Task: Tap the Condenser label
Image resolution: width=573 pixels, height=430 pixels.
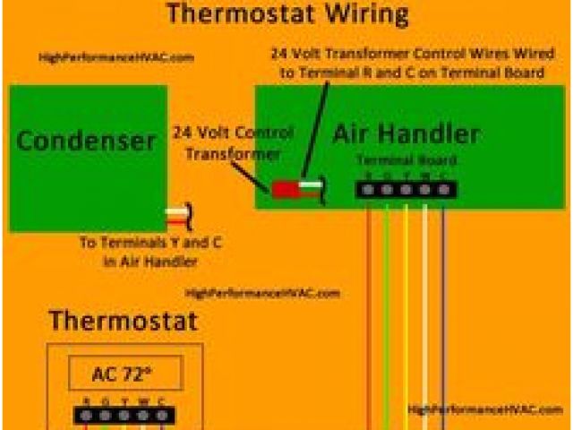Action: coord(87,141)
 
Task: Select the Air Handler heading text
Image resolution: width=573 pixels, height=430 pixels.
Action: coord(406,134)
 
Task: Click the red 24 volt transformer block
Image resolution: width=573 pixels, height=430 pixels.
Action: coord(286,189)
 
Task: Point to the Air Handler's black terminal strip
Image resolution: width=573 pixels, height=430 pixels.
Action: coord(406,189)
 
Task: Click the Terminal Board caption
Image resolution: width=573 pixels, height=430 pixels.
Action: coord(407,160)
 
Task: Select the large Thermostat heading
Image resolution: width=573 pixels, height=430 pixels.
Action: coord(123,321)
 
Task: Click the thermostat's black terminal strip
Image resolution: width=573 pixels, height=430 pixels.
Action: coord(124,415)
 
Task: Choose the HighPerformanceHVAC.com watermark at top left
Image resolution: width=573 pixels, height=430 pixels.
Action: coord(116,57)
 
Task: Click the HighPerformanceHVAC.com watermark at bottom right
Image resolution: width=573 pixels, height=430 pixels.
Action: coord(483,409)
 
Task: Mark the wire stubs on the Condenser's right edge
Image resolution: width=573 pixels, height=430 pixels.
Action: coord(176,216)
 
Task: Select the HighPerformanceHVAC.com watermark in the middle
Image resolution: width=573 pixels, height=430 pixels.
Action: coord(262,293)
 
